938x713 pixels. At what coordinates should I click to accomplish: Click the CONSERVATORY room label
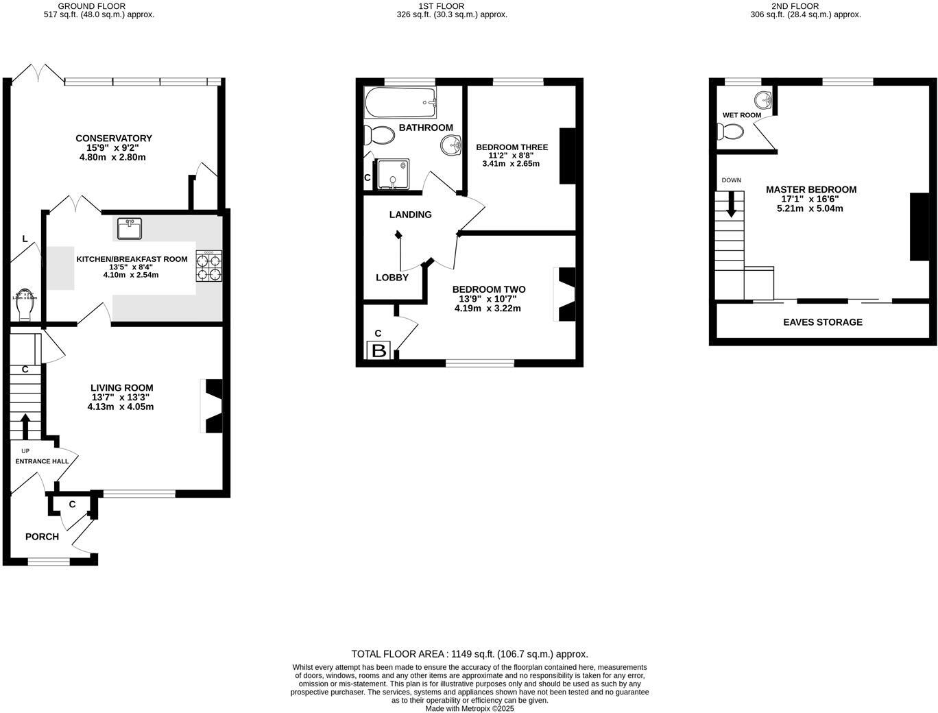(x=114, y=138)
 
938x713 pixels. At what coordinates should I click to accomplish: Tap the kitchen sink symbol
(x=129, y=228)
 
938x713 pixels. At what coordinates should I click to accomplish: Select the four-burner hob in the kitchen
(x=209, y=266)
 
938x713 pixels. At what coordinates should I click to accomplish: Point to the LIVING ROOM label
(x=122, y=388)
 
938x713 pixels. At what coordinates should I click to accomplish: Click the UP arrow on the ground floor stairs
(x=25, y=425)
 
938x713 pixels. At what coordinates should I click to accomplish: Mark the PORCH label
(x=42, y=537)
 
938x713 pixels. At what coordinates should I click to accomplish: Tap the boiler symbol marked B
(x=378, y=351)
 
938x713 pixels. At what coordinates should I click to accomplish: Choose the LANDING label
(x=410, y=215)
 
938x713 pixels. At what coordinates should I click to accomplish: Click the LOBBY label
(x=392, y=278)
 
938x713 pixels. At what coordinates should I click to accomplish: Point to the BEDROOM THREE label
(x=512, y=147)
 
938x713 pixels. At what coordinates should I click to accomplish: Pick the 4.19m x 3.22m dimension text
(x=488, y=309)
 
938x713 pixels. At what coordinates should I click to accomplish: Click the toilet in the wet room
(x=731, y=131)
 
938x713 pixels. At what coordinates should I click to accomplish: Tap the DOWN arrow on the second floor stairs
(x=731, y=204)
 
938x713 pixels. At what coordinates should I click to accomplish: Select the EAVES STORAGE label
(x=823, y=322)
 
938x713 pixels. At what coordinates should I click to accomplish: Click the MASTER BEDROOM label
(x=811, y=190)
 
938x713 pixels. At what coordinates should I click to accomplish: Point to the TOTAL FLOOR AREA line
(x=470, y=654)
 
